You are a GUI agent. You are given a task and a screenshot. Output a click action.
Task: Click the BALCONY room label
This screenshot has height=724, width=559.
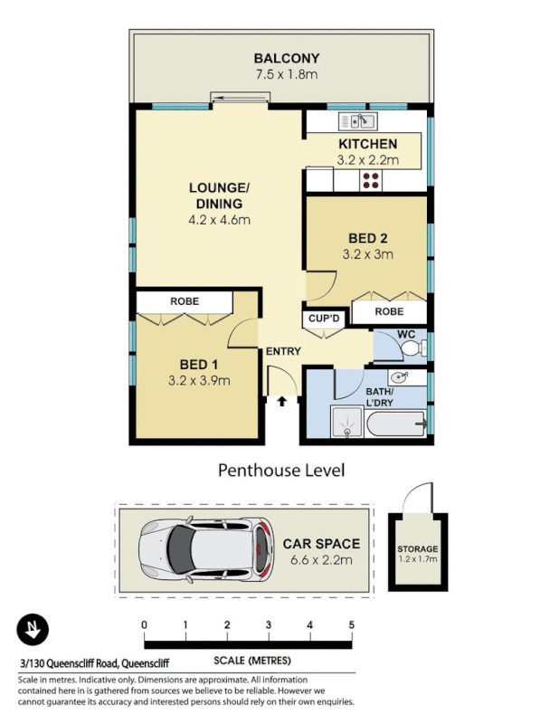point(286,59)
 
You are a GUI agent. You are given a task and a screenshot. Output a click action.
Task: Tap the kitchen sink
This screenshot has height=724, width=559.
point(357,121)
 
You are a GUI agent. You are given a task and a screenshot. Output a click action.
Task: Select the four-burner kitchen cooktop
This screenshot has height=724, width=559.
point(371,180)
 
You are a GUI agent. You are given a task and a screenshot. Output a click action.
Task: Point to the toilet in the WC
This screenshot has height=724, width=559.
point(410,348)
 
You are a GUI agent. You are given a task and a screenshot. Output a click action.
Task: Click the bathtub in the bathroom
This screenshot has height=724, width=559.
point(394,421)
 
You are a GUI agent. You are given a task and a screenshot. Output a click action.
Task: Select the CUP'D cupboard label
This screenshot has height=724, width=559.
point(323,319)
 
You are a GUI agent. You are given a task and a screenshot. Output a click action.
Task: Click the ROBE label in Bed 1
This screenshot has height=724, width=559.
point(185,300)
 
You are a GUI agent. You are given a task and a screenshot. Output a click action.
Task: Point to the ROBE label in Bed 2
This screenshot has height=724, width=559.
point(389,311)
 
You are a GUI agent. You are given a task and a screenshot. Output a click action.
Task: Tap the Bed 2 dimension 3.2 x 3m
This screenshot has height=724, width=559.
point(368,254)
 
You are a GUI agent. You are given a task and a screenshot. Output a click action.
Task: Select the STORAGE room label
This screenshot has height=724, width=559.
point(417,549)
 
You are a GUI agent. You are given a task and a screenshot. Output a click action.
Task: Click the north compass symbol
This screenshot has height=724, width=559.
point(33,630)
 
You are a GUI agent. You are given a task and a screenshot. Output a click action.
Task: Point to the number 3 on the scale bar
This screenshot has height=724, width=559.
point(268,625)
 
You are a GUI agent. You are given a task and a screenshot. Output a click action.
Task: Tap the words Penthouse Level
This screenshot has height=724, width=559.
point(280,470)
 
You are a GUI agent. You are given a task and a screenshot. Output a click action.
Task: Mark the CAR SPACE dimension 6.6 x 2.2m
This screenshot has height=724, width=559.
point(322,559)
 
